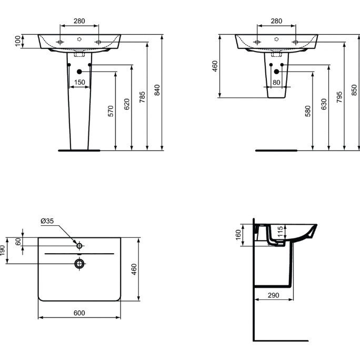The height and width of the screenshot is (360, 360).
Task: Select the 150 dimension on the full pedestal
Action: click(79, 82)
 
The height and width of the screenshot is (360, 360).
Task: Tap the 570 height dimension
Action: click(111, 111)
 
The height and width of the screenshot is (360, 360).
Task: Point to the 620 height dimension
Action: click(126, 104)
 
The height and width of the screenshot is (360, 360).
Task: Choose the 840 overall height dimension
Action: click(157, 90)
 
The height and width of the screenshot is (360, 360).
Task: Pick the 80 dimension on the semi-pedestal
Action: click(276, 83)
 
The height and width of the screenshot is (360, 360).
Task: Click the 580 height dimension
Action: click(308, 111)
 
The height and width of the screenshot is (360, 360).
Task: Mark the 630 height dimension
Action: click(324, 104)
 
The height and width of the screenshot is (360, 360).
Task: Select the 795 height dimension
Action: click(339, 97)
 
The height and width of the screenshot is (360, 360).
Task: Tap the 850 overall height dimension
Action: click(354, 90)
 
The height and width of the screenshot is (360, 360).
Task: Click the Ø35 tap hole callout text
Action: click(47, 222)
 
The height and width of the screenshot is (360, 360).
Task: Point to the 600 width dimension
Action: click(79, 313)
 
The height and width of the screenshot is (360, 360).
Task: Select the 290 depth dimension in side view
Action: click(273, 295)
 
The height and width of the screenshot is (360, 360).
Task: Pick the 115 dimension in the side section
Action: click(281, 231)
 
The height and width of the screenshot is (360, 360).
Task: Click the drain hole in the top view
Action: click(79, 263)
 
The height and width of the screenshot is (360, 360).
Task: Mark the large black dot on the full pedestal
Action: click(79, 72)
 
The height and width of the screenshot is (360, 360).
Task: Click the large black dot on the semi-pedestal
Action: click(276, 72)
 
